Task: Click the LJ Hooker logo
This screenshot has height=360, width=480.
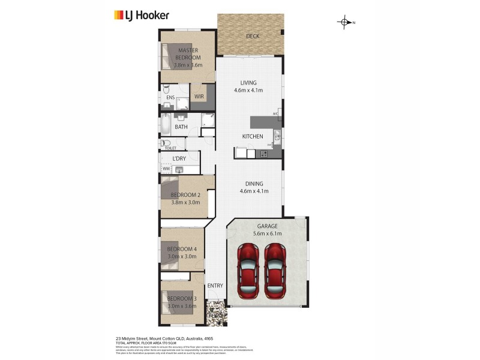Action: (142, 16)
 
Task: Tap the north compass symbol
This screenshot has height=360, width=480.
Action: (345, 23)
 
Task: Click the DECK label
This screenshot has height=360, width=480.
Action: (253, 37)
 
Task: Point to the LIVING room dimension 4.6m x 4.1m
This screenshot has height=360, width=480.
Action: (249, 91)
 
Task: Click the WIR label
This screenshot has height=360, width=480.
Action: (199, 96)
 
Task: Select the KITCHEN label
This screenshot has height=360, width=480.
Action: (253, 137)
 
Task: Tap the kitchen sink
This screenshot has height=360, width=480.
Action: (277, 136)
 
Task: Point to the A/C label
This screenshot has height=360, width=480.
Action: (275, 113)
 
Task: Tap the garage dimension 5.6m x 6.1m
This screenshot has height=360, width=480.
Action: (268, 233)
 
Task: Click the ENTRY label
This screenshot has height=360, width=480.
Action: (215, 286)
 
